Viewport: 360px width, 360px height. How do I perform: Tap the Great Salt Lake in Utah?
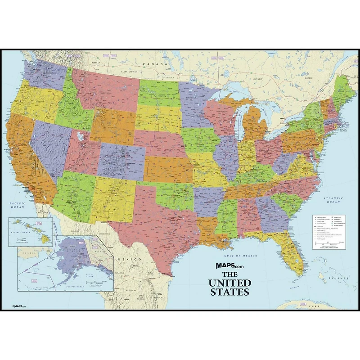point(80,135)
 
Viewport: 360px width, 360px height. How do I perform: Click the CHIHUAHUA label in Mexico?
point(104,234)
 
